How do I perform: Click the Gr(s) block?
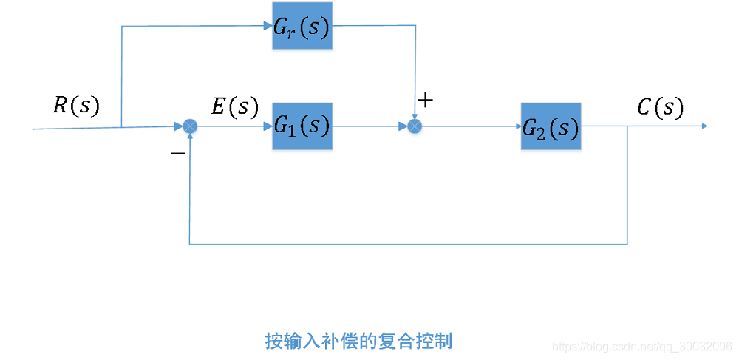[x=302, y=27]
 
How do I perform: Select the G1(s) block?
[x=302, y=126]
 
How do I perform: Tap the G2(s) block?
[x=551, y=126]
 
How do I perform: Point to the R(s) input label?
[x=76, y=106]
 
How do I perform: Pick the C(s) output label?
[x=660, y=108]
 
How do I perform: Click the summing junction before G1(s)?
[x=191, y=126]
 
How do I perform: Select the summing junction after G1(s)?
[x=415, y=126]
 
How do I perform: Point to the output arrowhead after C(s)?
[x=704, y=126]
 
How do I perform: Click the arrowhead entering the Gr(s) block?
[x=268, y=26]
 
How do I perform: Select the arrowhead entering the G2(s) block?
[x=517, y=126]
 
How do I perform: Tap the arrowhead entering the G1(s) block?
[x=268, y=126]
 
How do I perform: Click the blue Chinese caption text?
[x=358, y=341]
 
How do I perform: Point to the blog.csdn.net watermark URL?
[x=643, y=346]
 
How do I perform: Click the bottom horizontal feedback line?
[x=406, y=244]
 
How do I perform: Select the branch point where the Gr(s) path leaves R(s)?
[x=121, y=127]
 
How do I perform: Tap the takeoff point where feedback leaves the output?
[x=627, y=126]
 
